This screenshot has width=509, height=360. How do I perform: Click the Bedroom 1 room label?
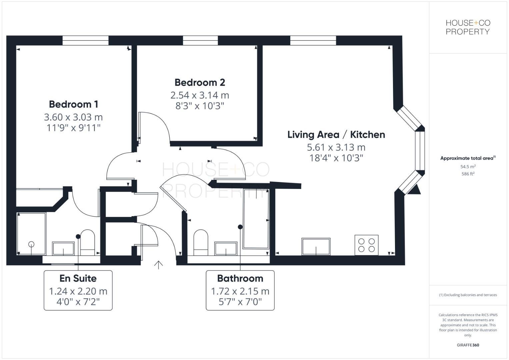tap(73, 104)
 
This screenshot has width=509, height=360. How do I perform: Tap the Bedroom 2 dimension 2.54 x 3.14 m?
tap(200, 95)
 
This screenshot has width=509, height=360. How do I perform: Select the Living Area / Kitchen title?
tap(336, 135)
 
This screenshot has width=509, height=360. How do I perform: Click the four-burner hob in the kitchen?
tap(366, 245)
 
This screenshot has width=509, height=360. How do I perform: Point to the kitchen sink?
tap(316, 246)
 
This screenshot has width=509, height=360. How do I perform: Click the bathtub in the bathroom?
tap(256, 219)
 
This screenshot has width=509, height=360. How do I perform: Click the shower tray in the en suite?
tap(31, 233)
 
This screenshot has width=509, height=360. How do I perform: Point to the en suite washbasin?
tap(63, 249)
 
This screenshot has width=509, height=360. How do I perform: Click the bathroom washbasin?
tap(226, 249)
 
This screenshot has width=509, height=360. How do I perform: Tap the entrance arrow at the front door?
tap(158, 265)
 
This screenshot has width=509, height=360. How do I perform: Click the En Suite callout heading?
tap(78, 278)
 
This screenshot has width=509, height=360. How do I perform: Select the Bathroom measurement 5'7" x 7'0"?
tap(240, 302)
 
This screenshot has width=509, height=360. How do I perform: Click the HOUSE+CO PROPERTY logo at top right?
tap(468, 27)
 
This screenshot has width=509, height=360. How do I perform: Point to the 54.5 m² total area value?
tap(468, 167)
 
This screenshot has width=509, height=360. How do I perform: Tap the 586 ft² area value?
tap(468, 174)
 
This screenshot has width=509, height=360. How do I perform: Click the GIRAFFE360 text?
tap(468, 345)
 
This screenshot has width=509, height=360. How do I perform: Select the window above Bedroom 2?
tap(200, 40)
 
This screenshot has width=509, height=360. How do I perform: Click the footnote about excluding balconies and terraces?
tap(468, 295)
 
